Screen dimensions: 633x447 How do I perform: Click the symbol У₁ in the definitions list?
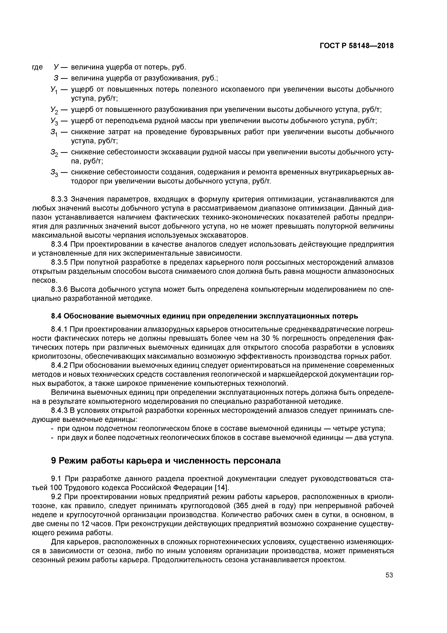click(x=54, y=90)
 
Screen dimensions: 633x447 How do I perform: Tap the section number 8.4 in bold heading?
click(x=56, y=316)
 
